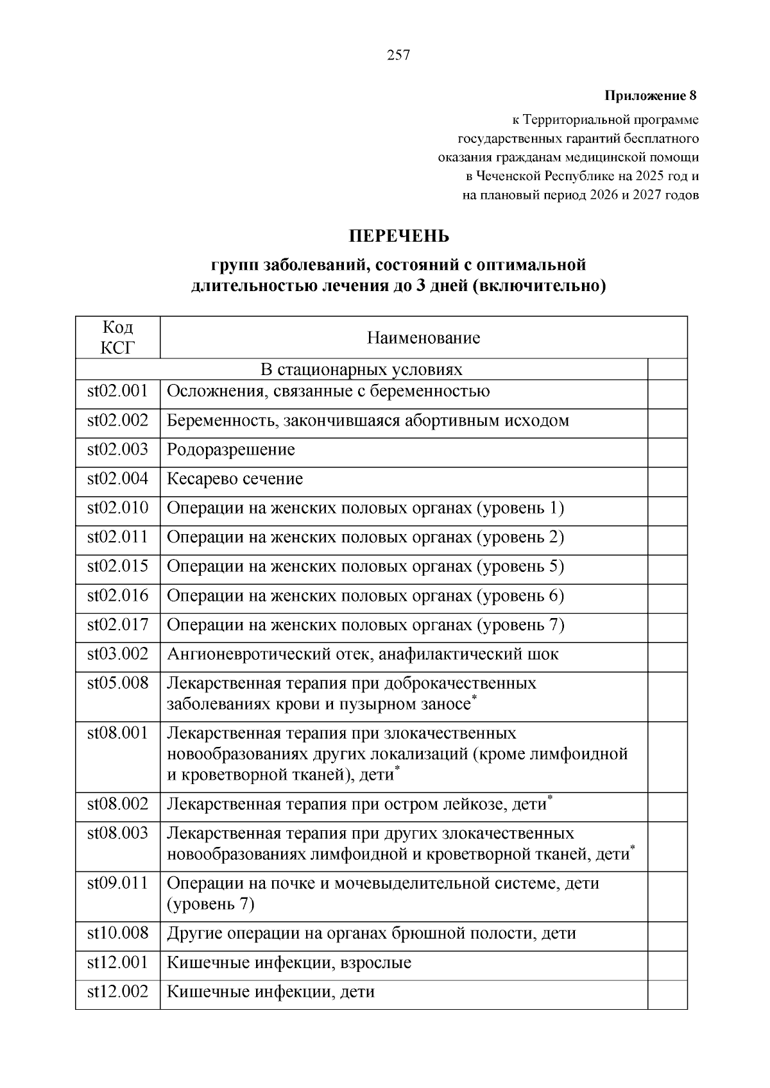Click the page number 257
pos(398,55)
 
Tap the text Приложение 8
pos(650,96)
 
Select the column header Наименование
pos(423,338)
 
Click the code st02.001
pos(117,391)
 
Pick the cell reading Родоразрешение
pos(231,449)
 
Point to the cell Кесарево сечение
pos(235,479)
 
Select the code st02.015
pos(117,566)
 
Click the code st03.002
pos(117,654)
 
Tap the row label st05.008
pos(117,683)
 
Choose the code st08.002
pos(117,804)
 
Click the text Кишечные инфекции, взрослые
pos(289,962)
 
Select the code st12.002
pos(117,992)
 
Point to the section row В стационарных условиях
pos(361,369)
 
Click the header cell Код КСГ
pos(117,337)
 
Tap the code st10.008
pos(117,933)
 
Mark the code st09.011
pos(117,883)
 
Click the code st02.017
pos(117,624)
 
